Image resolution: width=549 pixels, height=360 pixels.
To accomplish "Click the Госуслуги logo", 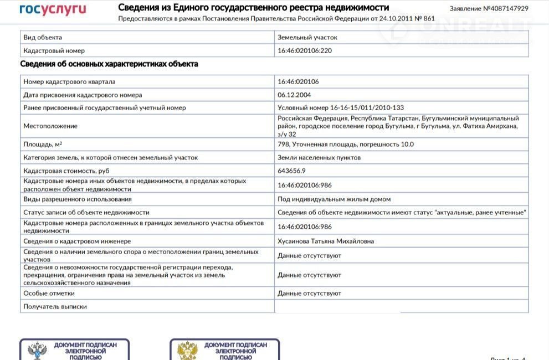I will pos(53,9).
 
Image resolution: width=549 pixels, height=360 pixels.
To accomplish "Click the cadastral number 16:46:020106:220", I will pos(305,50).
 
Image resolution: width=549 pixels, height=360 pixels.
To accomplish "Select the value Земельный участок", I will pos(307,37).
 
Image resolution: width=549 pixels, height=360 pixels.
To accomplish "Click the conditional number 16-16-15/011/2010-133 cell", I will pos(341,108).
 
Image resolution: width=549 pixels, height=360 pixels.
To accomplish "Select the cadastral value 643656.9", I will pos(291,171).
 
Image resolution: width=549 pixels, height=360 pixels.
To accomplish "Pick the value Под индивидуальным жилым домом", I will pos(334,199).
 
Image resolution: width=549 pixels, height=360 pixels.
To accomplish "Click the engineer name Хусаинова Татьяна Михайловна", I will pos(326,241).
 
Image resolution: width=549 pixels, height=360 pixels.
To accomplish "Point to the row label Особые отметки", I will pos(49,293).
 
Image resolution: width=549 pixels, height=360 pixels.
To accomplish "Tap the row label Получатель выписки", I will pos(55,306).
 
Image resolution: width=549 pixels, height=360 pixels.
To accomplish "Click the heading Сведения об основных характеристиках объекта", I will pos(109,64).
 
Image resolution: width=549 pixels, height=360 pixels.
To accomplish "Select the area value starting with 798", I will pos(346,144).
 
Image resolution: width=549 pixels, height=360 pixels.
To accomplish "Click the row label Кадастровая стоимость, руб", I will pos(63,171).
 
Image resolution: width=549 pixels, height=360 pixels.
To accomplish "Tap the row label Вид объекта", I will pos(43,37).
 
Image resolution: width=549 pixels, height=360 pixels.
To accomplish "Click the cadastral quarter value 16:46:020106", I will pos(298,81).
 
